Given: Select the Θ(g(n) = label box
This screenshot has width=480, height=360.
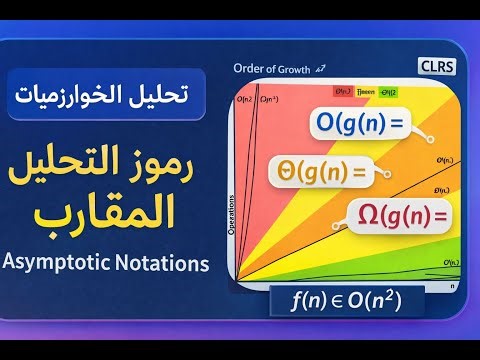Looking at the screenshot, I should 318,171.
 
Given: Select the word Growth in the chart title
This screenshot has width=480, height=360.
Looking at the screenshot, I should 301,69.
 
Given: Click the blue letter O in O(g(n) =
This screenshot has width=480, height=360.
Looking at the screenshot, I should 299,126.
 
